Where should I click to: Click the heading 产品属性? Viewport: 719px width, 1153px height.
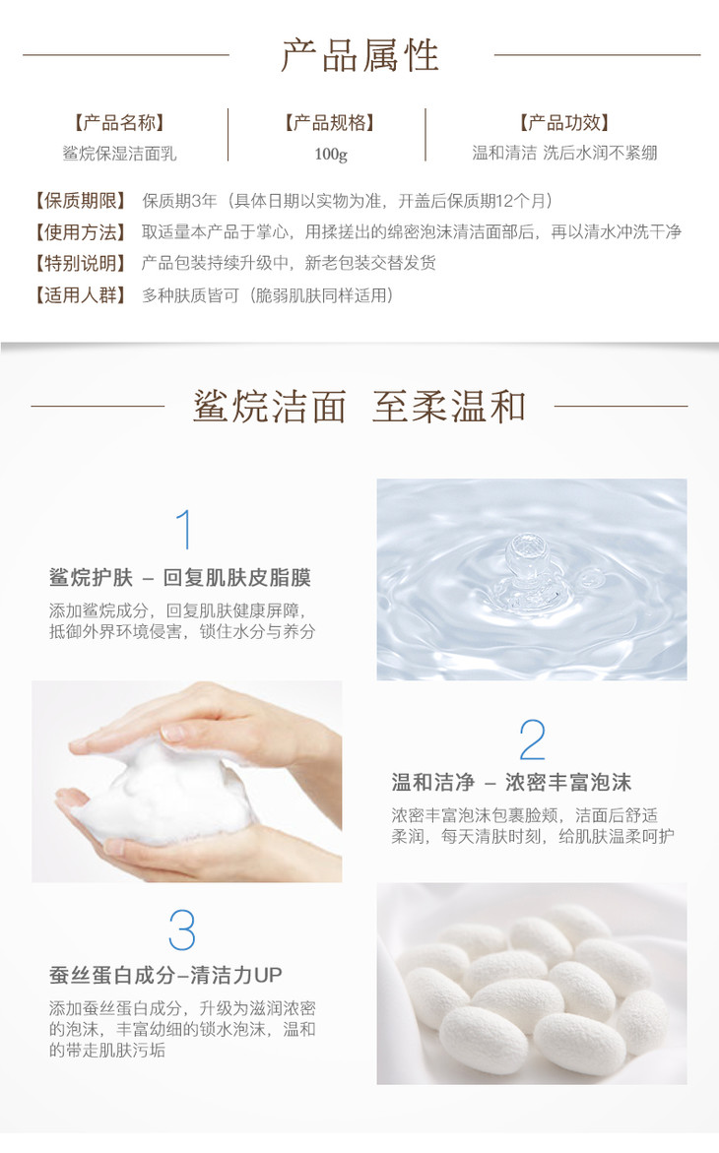pos(359,55)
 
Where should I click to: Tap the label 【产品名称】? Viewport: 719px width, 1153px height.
pos(118,122)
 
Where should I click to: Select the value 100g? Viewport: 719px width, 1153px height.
pos(330,154)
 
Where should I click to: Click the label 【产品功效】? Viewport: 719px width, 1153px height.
pos(563,122)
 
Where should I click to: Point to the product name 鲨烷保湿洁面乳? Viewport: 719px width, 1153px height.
pos(119,153)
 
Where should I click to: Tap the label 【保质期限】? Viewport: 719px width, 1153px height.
pos(81,200)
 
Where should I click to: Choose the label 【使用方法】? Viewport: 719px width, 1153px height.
pos(81,231)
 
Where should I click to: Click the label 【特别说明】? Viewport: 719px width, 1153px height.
pos(81,263)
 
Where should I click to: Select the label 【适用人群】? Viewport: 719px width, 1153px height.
pos(81,294)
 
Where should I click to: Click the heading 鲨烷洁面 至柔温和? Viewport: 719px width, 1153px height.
pos(359,406)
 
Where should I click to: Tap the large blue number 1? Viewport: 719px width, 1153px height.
pos(184,530)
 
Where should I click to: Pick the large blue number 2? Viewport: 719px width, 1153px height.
pos(532,739)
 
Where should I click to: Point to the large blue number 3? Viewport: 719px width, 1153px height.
pos(182,930)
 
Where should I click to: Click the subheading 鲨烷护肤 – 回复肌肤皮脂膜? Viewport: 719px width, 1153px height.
pos(180,577)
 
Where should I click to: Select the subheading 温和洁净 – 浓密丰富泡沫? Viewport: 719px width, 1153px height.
pos(511,782)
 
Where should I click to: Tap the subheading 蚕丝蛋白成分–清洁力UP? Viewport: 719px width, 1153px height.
pos(165,975)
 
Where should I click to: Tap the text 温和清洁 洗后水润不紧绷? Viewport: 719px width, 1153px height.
pos(564,153)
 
